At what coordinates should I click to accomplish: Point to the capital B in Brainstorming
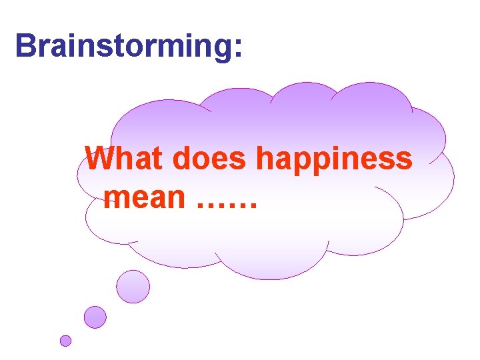pos(25,45)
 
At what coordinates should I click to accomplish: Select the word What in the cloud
pos(125,159)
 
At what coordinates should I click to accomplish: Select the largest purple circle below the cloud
pos(133,287)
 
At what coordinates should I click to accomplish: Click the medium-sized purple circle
pos(95,317)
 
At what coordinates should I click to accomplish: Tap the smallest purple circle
pos(65,341)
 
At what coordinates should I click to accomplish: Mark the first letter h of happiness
pos(265,159)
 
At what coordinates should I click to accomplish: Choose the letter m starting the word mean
pos(120,198)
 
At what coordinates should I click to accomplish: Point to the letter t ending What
pos(157,159)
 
